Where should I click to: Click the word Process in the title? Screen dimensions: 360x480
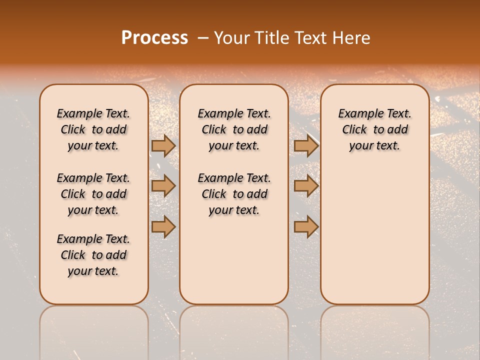(154, 38)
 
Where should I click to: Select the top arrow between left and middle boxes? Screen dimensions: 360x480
(163, 145)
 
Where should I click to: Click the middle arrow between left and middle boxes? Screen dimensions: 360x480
(163, 186)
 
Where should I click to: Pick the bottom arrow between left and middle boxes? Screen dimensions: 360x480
(163, 227)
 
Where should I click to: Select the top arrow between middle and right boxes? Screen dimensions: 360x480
(306, 145)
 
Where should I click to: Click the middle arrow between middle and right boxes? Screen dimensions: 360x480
(306, 186)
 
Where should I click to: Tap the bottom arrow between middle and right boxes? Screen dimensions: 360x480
(306, 227)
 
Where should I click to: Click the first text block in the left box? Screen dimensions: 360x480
(93, 129)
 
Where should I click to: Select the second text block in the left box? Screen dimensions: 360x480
(93, 194)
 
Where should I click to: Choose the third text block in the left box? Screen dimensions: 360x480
(93, 255)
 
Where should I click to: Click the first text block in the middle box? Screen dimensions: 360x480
(234, 129)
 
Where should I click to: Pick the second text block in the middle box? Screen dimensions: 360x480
(234, 194)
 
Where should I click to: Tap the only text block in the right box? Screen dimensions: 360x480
(375, 129)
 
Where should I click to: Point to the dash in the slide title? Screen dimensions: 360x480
(202, 38)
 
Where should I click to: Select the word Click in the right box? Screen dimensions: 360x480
(354, 130)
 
